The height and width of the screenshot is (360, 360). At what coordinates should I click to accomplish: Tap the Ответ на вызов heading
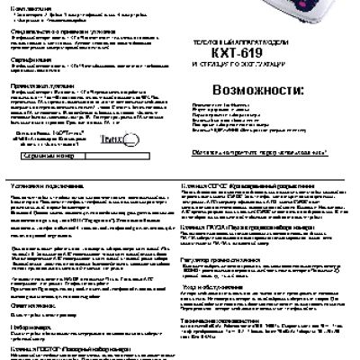coord(32,306)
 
